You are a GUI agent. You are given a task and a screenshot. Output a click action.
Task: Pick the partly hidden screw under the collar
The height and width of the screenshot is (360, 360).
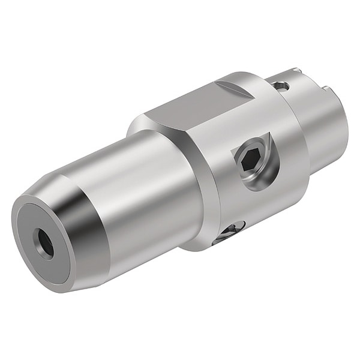tap(231, 231)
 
